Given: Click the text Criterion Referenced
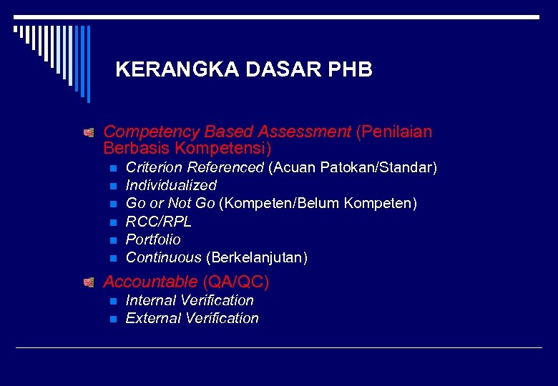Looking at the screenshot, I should tap(195, 168).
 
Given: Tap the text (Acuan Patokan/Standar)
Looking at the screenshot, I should tap(353, 168).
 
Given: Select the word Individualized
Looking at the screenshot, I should tap(171, 186).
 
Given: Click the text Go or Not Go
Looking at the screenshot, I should tap(170, 204).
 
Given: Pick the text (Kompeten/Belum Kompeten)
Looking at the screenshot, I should tap(318, 204).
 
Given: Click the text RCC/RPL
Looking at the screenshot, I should tap(159, 222).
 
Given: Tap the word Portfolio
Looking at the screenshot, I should tap(153, 239).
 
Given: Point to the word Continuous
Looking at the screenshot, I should tap(164, 257).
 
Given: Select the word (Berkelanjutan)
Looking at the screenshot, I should tap(257, 257).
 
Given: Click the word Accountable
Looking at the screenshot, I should tap(150, 282).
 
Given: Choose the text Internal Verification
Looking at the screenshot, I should tap(190, 300).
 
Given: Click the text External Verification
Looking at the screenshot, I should tap(192, 318).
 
